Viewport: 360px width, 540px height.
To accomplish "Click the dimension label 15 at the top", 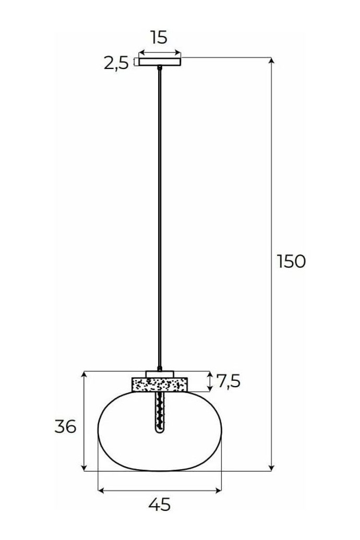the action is pyautogui.click(x=159, y=37).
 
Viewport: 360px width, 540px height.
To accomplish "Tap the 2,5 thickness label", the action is pyautogui.click(x=116, y=63).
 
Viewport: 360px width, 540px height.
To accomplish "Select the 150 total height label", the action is pyautogui.click(x=291, y=261).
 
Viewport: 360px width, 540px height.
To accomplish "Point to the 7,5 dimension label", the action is pyautogui.click(x=228, y=381).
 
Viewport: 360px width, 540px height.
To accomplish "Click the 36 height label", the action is pyautogui.click(x=65, y=427).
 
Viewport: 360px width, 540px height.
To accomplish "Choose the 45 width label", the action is pyautogui.click(x=160, y=505).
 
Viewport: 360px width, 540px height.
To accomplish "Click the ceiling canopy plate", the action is pyautogui.click(x=160, y=62).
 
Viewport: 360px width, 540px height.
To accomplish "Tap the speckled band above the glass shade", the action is pyautogui.click(x=160, y=385).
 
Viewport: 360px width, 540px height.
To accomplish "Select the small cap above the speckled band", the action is pyautogui.click(x=160, y=374).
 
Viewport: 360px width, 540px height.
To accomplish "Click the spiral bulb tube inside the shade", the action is pyautogui.click(x=159, y=412).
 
